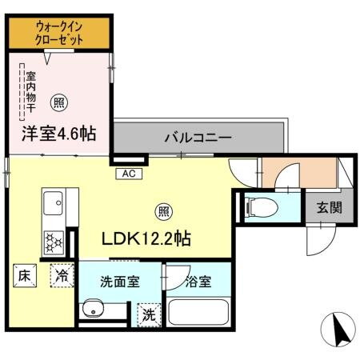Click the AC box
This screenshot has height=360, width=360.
click(x=128, y=173)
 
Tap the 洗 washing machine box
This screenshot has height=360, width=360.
click(x=147, y=314)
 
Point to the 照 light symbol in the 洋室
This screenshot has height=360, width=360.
click(x=58, y=102)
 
